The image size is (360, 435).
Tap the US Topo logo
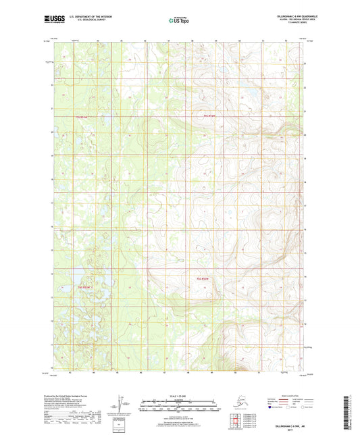[180, 20]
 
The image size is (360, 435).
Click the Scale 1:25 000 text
[180, 394]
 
